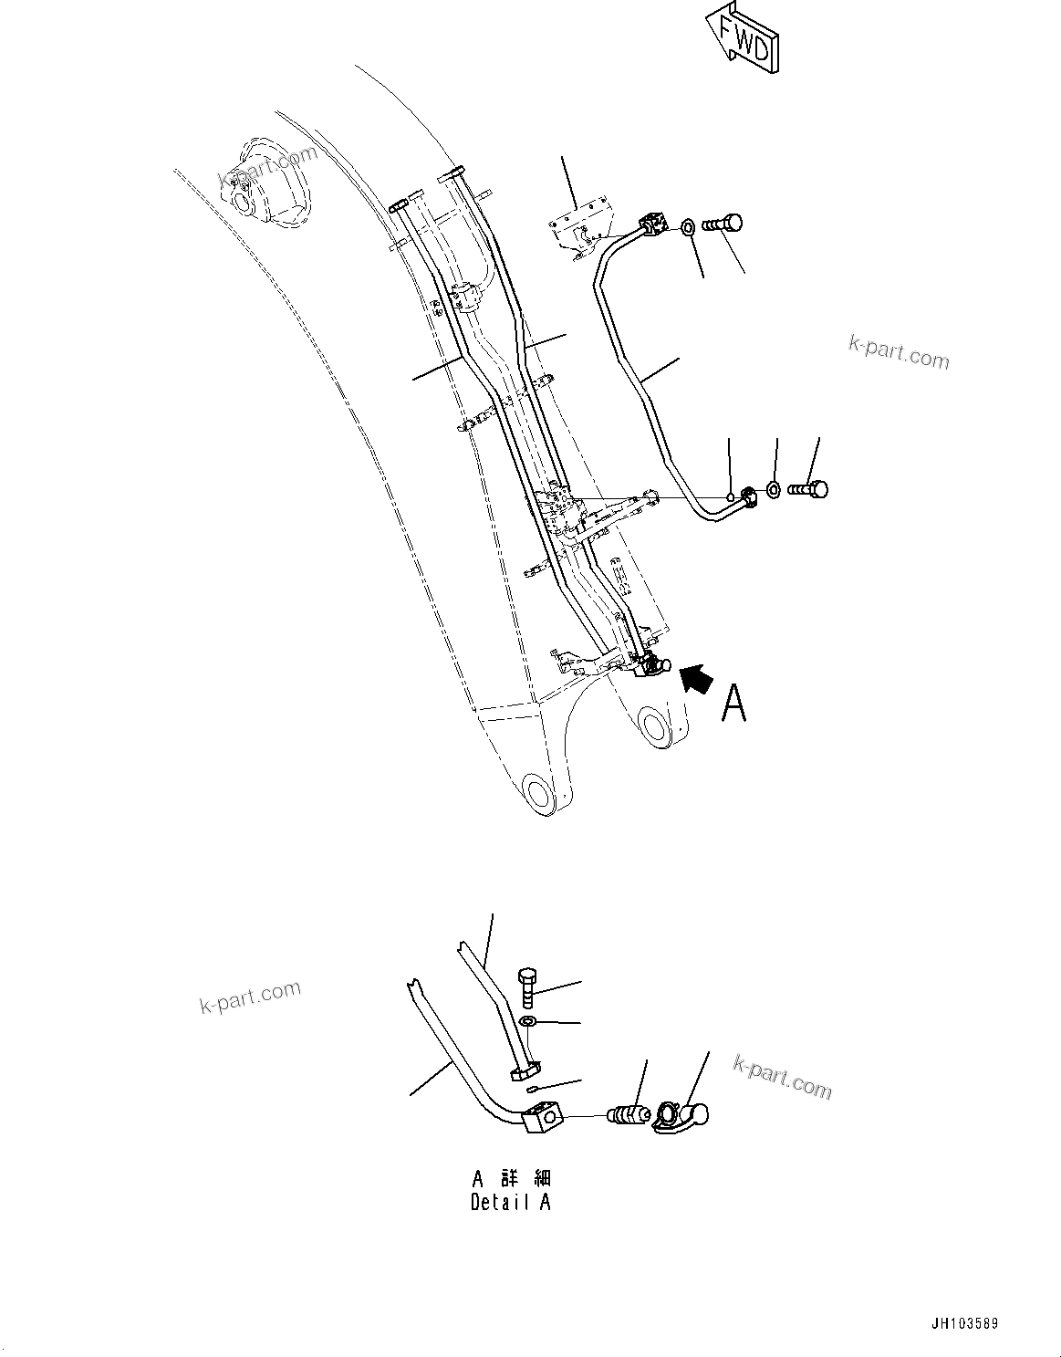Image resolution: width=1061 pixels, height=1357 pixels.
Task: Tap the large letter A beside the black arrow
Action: [733, 703]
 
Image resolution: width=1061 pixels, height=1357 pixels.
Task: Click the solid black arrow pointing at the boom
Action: [694, 679]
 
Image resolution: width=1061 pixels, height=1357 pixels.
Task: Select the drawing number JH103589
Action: [972, 1323]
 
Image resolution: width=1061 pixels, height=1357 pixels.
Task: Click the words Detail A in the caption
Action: [510, 1202]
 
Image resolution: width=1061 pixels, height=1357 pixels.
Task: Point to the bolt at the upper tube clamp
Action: [728, 223]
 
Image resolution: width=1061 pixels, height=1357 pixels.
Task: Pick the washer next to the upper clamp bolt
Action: [687, 224]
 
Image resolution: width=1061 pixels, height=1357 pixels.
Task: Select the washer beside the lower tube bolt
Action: [772, 490]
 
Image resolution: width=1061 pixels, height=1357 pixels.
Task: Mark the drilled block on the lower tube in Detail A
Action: [544, 1118]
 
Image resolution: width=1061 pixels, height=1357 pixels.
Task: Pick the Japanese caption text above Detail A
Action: [511, 1179]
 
